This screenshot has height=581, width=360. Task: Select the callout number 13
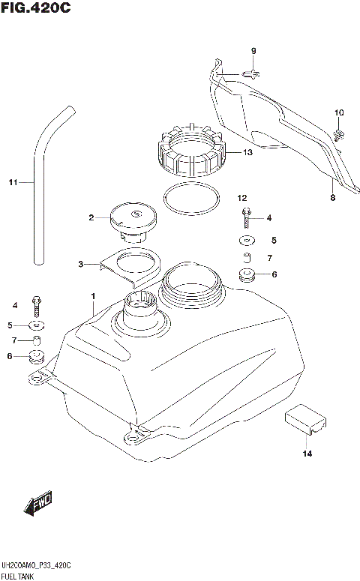pyautogui.click(x=247, y=152)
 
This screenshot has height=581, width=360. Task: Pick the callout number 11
pyautogui.click(x=12, y=182)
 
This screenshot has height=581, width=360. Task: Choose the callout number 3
pyautogui.click(x=81, y=264)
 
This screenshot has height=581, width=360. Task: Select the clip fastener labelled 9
pyautogui.click(x=254, y=72)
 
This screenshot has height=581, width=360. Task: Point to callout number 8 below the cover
pyautogui.click(x=331, y=198)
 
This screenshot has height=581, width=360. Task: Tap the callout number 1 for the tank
pyautogui.click(x=92, y=296)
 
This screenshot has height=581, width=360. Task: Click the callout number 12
pyautogui.click(x=241, y=199)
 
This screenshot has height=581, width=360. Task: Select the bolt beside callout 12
pyautogui.click(x=244, y=217)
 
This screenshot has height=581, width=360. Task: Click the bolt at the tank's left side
pyautogui.click(x=36, y=305)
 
